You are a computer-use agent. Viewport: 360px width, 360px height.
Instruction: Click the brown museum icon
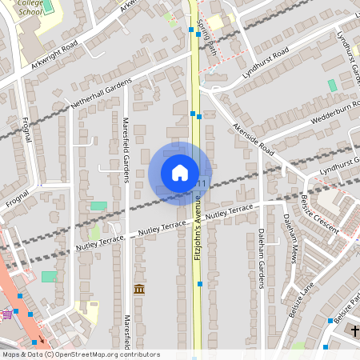point(138,288)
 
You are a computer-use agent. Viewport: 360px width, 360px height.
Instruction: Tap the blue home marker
point(180,173)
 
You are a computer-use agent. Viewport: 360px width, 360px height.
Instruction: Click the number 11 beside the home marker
point(201,184)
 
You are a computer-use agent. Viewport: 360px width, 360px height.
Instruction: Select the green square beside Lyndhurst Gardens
point(332,85)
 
